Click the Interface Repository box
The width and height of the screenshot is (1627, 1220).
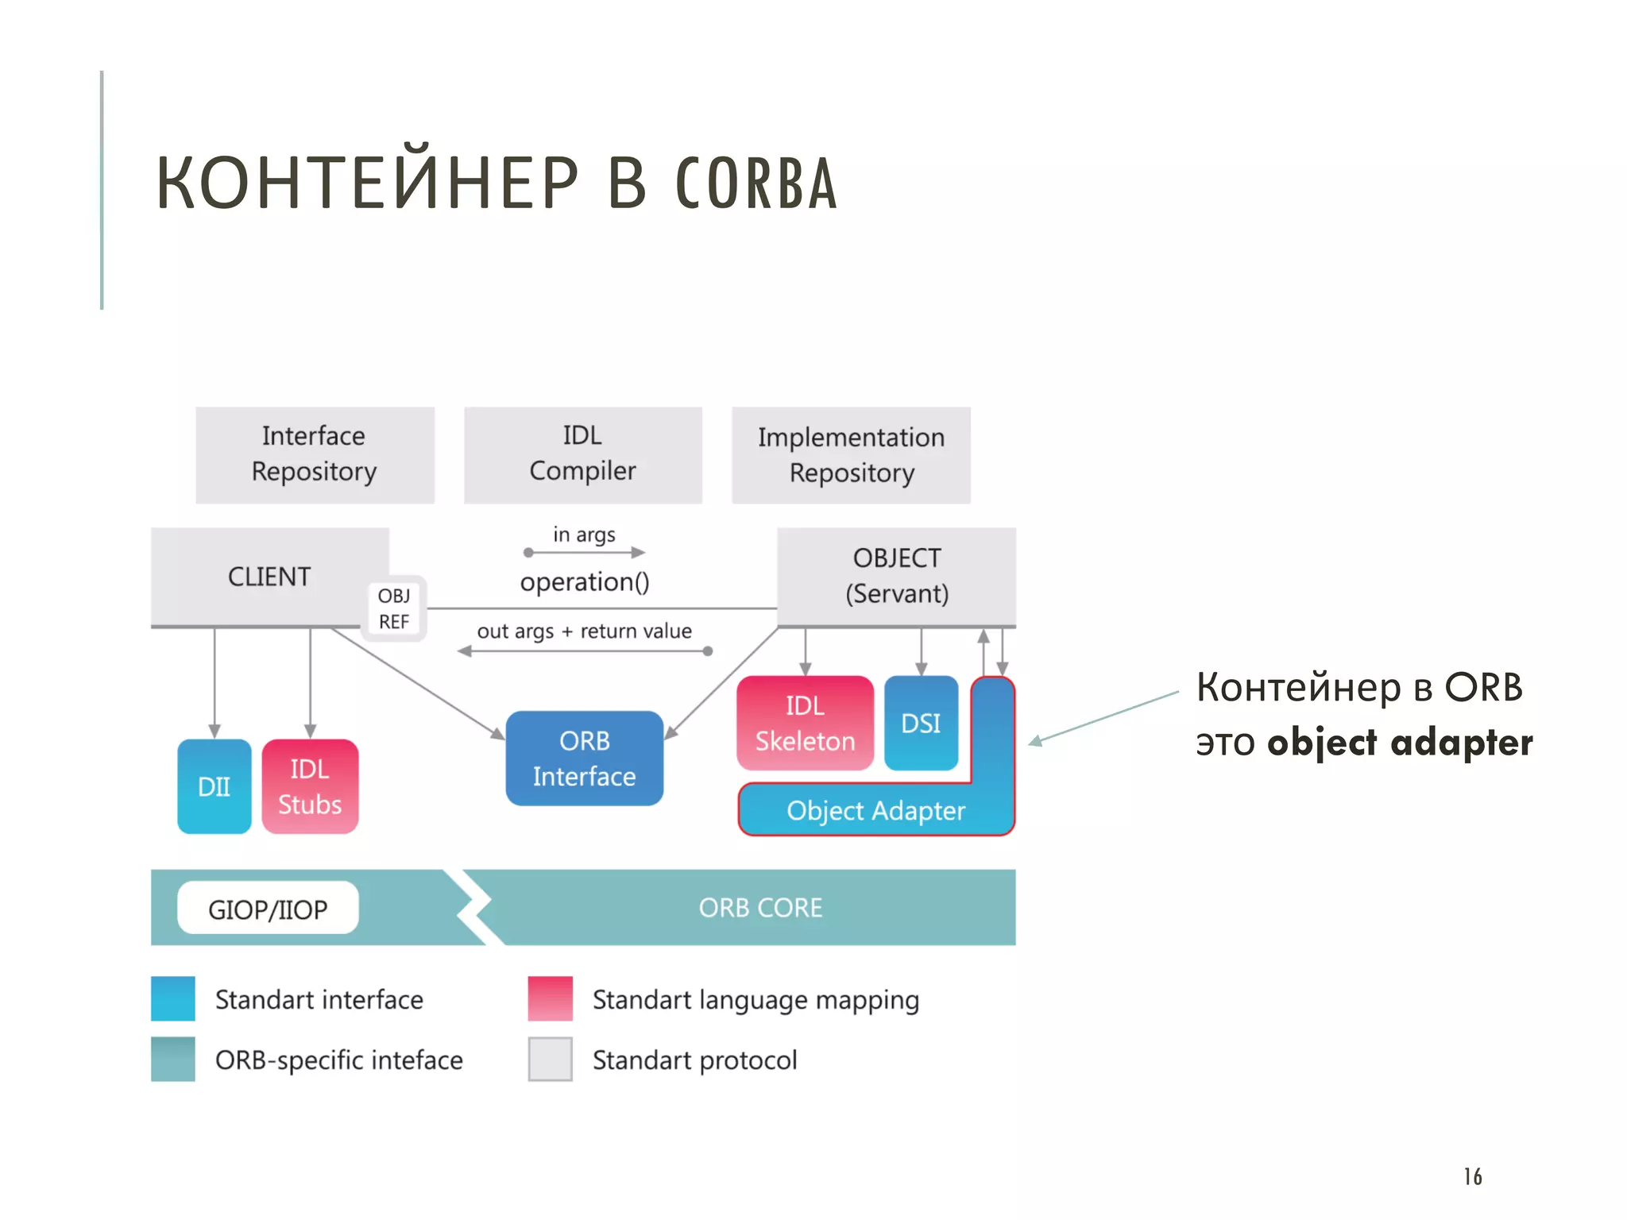tap(315, 454)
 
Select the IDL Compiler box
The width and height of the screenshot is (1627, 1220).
tap(582, 454)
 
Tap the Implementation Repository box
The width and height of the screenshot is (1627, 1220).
tap(851, 455)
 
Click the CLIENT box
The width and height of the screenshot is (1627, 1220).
tap(269, 577)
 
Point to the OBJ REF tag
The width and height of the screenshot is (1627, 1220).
tap(394, 608)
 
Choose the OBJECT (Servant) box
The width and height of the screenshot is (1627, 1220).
tap(896, 577)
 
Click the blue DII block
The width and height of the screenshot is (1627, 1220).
tap(214, 786)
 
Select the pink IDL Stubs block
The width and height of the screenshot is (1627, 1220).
tap(310, 786)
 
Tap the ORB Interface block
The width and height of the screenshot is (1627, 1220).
tap(584, 759)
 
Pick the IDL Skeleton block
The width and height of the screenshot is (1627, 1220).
tap(805, 723)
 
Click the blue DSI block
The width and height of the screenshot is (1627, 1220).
tap(921, 723)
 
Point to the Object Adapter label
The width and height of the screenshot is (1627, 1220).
tap(875, 811)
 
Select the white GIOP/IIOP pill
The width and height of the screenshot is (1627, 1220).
tap(268, 909)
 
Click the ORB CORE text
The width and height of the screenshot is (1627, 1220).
tap(760, 908)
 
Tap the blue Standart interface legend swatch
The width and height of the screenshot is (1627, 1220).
tap(173, 998)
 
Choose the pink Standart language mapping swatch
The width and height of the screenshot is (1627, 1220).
tap(550, 998)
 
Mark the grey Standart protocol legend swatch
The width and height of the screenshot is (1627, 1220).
tap(550, 1059)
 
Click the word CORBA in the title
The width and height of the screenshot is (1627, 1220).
tap(756, 184)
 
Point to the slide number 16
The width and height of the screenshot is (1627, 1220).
tap(1473, 1176)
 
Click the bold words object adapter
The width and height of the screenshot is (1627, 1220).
tap(1400, 743)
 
